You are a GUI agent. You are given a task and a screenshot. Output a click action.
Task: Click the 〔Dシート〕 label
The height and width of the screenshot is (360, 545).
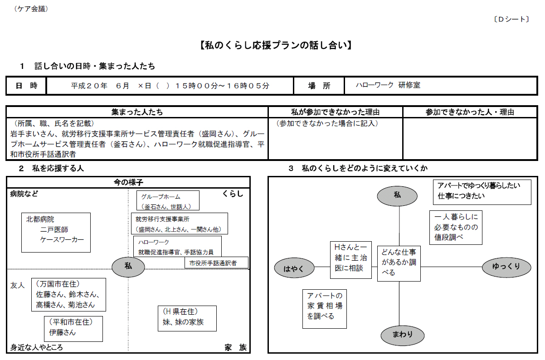click(511, 19)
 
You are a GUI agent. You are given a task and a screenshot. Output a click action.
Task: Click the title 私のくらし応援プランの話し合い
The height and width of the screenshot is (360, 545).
click(276, 45)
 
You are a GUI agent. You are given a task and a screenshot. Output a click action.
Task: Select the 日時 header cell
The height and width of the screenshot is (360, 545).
click(26, 86)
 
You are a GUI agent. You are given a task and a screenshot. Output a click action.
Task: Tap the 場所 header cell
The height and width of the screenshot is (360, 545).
click(319, 86)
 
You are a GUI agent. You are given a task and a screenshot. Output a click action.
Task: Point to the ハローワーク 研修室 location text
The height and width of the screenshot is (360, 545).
click(388, 85)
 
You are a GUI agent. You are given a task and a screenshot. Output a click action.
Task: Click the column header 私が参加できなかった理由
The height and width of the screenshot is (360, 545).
click(335, 112)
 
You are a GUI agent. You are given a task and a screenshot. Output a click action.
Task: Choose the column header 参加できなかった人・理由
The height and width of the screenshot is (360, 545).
click(470, 112)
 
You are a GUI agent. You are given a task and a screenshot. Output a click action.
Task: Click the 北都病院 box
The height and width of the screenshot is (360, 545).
click(56, 233)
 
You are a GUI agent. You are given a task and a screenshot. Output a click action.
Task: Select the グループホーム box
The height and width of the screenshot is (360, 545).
click(168, 200)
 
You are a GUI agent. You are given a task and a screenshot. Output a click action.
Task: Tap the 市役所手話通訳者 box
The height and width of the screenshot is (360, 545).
click(216, 263)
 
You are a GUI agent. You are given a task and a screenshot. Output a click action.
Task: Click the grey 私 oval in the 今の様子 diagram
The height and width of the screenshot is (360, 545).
click(128, 267)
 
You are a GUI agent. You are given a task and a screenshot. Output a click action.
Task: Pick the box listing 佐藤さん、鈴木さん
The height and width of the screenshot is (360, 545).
click(68, 295)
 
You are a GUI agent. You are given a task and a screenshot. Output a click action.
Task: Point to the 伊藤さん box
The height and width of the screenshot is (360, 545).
click(73, 329)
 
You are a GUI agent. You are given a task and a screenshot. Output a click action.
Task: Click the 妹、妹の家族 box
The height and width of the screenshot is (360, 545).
click(187, 318)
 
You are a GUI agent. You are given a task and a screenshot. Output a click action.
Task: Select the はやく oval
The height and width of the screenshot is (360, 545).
click(294, 268)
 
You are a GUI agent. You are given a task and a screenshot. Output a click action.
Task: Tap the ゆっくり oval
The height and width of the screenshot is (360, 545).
click(506, 267)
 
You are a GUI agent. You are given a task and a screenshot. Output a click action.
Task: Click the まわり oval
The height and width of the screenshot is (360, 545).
click(403, 335)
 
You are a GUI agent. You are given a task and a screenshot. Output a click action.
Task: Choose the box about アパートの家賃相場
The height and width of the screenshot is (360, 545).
click(325, 309)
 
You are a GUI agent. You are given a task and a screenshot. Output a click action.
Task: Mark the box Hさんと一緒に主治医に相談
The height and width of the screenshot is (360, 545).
click(351, 260)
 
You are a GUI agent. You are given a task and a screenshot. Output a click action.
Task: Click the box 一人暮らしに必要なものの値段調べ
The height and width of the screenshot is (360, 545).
click(456, 228)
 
